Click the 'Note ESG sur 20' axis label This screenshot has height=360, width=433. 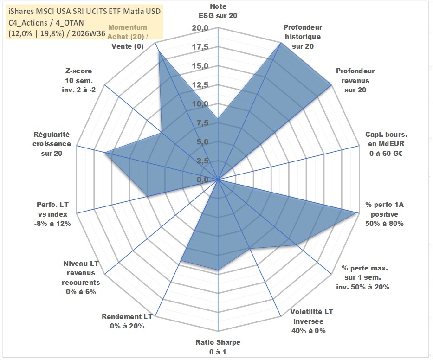point(218,11)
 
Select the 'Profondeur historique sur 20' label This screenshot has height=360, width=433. point(303,37)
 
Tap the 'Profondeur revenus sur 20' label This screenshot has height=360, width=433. point(355,80)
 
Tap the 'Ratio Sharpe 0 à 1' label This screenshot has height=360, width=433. point(218,347)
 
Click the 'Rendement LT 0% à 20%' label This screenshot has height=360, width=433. point(127,321)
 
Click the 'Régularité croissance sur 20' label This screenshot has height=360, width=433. point(52,144)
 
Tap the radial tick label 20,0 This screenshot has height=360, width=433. point(200,28)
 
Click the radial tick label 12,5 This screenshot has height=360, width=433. point(200,85)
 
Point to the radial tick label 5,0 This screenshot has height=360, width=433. point(202,142)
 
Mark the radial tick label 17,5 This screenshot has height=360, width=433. point(200,47)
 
